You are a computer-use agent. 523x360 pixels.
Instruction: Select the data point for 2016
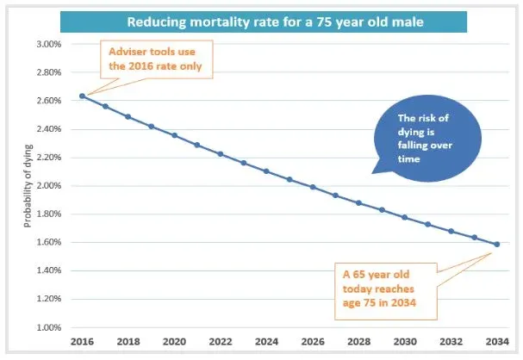pos(82,96)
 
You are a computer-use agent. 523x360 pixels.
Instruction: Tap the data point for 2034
pos(497,245)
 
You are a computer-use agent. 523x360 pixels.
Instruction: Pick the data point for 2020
pos(174,135)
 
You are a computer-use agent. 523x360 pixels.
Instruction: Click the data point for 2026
pos(313,187)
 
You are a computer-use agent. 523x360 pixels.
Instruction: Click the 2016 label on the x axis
pos(82,342)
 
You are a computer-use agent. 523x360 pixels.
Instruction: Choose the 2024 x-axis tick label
pos(266,342)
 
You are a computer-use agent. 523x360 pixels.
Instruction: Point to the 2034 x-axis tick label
pos(497,342)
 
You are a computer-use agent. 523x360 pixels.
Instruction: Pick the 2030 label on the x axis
pos(405,342)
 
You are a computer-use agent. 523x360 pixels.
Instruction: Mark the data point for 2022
pos(221,154)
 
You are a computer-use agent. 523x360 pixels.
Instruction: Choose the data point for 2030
pos(405,217)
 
